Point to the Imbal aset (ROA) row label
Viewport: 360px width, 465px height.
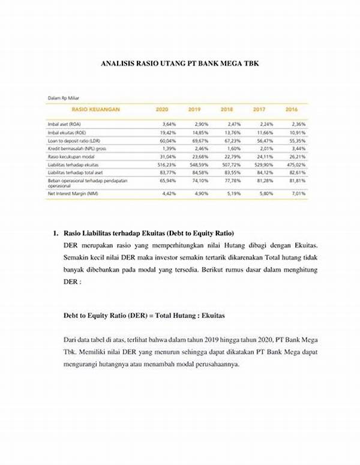tap(65, 123)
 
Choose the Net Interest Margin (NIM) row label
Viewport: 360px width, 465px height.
tap(73, 193)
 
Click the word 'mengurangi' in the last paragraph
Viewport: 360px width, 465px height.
tap(83, 364)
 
